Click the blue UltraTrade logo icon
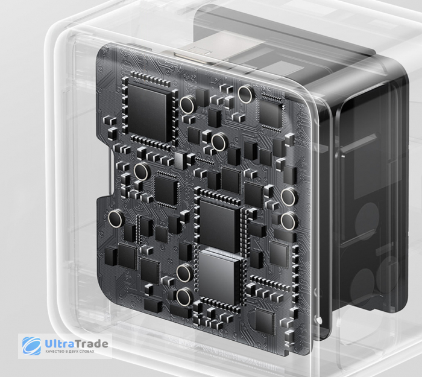click(x=32, y=346)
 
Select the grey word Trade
click(x=91, y=344)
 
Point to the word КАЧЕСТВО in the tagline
click(x=53, y=352)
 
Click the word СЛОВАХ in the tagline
click(x=87, y=352)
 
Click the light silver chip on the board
click(x=219, y=276)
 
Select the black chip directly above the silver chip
click(x=219, y=225)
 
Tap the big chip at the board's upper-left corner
click(x=150, y=112)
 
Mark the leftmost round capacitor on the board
click(x=116, y=218)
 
